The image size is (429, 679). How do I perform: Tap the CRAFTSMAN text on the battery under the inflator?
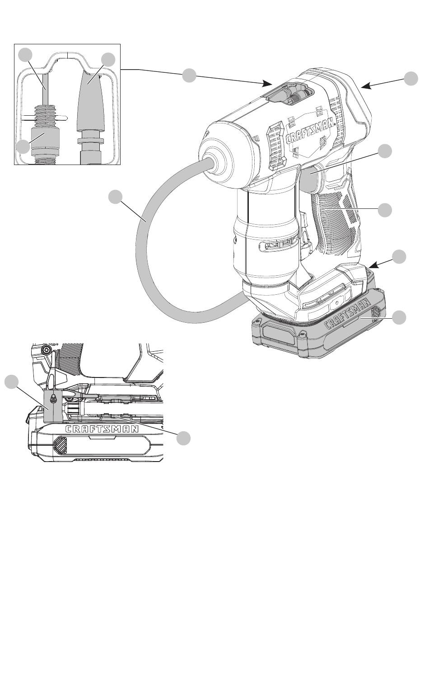[x=348, y=314]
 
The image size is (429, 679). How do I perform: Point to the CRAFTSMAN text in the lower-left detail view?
[x=103, y=429]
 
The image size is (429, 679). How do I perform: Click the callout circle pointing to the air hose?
[x=116, y=197]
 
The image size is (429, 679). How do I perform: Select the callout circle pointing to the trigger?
[x=385, y=151]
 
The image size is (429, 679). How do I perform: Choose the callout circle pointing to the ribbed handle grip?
[x=385, y=210]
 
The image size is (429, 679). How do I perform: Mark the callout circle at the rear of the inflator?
[x=411, y=79]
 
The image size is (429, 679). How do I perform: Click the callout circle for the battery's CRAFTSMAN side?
[x=399, y=317]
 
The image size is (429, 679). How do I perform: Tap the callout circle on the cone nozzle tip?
[x=108, y=60]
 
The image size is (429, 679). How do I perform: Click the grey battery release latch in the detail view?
[x=53, y=406]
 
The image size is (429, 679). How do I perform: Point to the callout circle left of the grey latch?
[x=12, y=382]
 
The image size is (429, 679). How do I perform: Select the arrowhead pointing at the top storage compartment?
[x=267, y=83]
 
